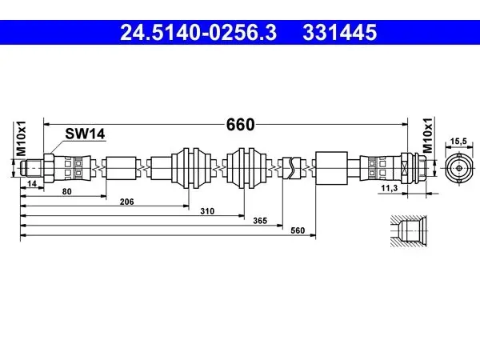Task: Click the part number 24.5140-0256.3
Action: click(198, 33)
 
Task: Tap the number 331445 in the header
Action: click(340, 33)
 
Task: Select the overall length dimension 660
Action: click(240, 125)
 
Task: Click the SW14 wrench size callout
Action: click(85, 134)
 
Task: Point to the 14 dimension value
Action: click(32, 184)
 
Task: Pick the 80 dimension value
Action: click(66, 192)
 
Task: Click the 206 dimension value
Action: click(126, 202)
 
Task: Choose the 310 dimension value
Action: click(207, 211)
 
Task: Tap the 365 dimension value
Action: click(260, 221)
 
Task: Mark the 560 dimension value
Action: click(298, 230)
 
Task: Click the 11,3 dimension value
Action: click(389, 188)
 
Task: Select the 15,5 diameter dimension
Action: click(458, 141)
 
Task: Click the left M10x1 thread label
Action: click(21, 138)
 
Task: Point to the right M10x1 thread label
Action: click(428, 135)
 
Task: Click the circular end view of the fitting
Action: click(459, 168)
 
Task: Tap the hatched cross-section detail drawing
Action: click(408, 230)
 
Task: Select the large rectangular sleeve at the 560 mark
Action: click(331, 168)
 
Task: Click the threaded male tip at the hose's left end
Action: click(32, 168)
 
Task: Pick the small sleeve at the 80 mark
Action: click(121, 168)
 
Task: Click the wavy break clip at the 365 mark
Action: click(292, 168)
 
